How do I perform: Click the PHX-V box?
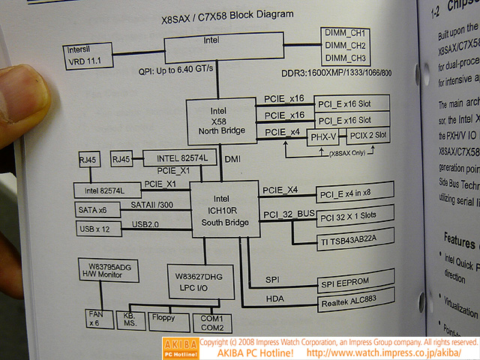(x=324, y=136)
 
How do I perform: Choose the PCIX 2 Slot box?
(x=367, y=136)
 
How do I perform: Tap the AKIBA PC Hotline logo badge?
(x=179, y=347)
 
